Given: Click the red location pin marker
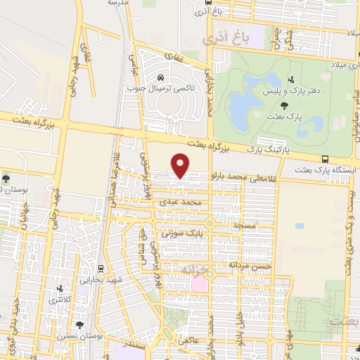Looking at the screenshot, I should click(181, 165).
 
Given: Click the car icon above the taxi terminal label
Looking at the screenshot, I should click(162, 77).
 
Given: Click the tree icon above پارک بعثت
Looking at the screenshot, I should click(283, 105).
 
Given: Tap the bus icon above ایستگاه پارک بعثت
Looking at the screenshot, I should click(324, 160).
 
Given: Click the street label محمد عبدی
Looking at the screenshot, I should click(191, 202).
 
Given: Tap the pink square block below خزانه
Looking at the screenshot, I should click(200, 284).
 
